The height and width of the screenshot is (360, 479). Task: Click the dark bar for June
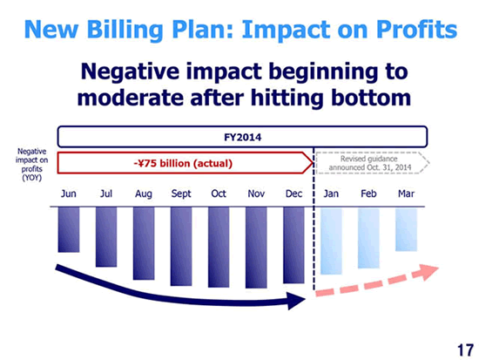pyautogui.click(x=69, y=230)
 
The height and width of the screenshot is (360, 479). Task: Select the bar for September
pyautogui.click(x=181, y=247)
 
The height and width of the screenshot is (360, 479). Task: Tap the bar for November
pyautogui.click(x=256, y=248)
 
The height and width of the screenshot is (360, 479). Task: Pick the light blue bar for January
pyautogui.click(x=331, y=241)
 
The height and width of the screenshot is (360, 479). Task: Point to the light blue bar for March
pyautogui.click(x=407, y=230)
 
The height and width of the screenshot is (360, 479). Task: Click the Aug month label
pyautogui.click(x=144, y=194)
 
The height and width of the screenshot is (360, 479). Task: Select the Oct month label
pyautogui.click(x=219, y=194)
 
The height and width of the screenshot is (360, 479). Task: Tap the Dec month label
pyautogui.click(x=293, y=194)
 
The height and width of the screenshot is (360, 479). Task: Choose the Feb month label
pyautogui.click(x=368, y=194)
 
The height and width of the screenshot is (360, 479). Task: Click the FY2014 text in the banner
pyautogui.click(x=243, y=138)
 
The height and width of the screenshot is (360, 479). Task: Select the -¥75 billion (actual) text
pyautogui.click(x=183, y=163)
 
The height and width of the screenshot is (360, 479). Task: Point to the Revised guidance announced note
pyautogui.click(x=369, y=163)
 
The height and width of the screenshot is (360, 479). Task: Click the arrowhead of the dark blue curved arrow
pyautogui.click(x=296, y=301)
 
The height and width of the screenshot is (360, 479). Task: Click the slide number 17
pyautogui.click(x=465, y=350)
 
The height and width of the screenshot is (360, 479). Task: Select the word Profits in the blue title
pyautogui.click(x=416, y=30)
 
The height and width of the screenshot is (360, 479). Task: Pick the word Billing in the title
pyautogui.click(x=125, y=31)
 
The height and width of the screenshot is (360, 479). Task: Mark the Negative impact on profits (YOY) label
pyautogui.click(x=31, y=165)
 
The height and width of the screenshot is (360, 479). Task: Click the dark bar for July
pyautogui.click(x=106, y=237)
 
